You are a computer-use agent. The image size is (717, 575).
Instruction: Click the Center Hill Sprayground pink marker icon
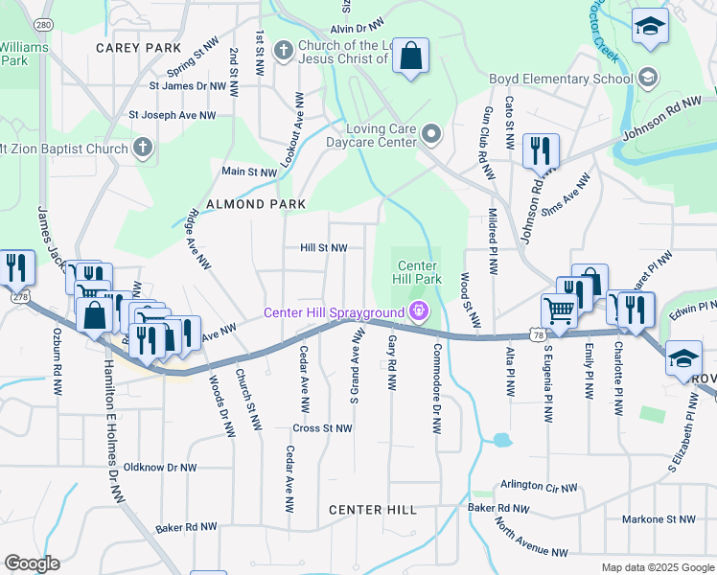(417, 311)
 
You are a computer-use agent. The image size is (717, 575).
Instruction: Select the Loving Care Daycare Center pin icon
(430, 135)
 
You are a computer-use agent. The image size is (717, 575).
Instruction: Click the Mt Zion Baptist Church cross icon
(143, 149)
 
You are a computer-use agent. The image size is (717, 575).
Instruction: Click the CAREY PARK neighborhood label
(139, 47)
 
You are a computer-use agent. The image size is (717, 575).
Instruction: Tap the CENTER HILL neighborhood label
(373, 510)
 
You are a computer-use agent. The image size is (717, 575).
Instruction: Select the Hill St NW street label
(323, 247)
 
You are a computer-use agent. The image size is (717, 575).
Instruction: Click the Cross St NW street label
(323, 428)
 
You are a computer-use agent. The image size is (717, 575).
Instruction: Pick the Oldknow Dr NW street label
(160, 468)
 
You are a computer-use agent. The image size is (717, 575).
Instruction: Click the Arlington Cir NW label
(538, 487)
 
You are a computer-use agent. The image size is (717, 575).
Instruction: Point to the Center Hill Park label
(419, 272)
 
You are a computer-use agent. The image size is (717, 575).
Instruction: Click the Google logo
(32, 563)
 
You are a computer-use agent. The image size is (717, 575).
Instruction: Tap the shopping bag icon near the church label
(410, 57)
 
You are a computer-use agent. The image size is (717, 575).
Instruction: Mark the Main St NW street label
(249, 172)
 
